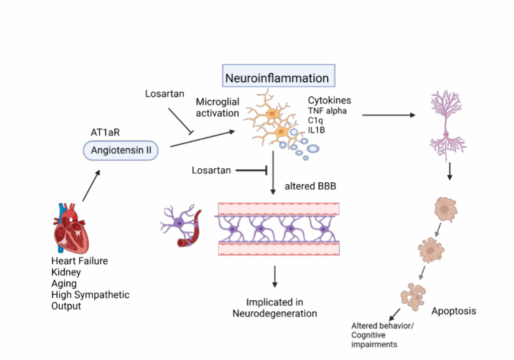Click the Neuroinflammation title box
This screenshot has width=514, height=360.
coord(278,78)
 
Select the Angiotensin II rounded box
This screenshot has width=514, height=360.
coord(120,150)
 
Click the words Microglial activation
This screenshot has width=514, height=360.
coord(217,107)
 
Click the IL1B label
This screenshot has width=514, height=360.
coord(316,130)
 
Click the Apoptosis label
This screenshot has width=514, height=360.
coord(453,311)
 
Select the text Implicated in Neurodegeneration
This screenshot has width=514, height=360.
coord(275,308)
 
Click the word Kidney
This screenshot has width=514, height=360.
coord(66,272)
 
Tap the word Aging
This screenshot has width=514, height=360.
coord(64,283)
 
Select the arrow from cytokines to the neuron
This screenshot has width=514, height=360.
coord(389,115)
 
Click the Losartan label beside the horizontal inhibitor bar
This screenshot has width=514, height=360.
coord(211,171)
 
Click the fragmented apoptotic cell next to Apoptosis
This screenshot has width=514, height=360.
coord(413,295)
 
